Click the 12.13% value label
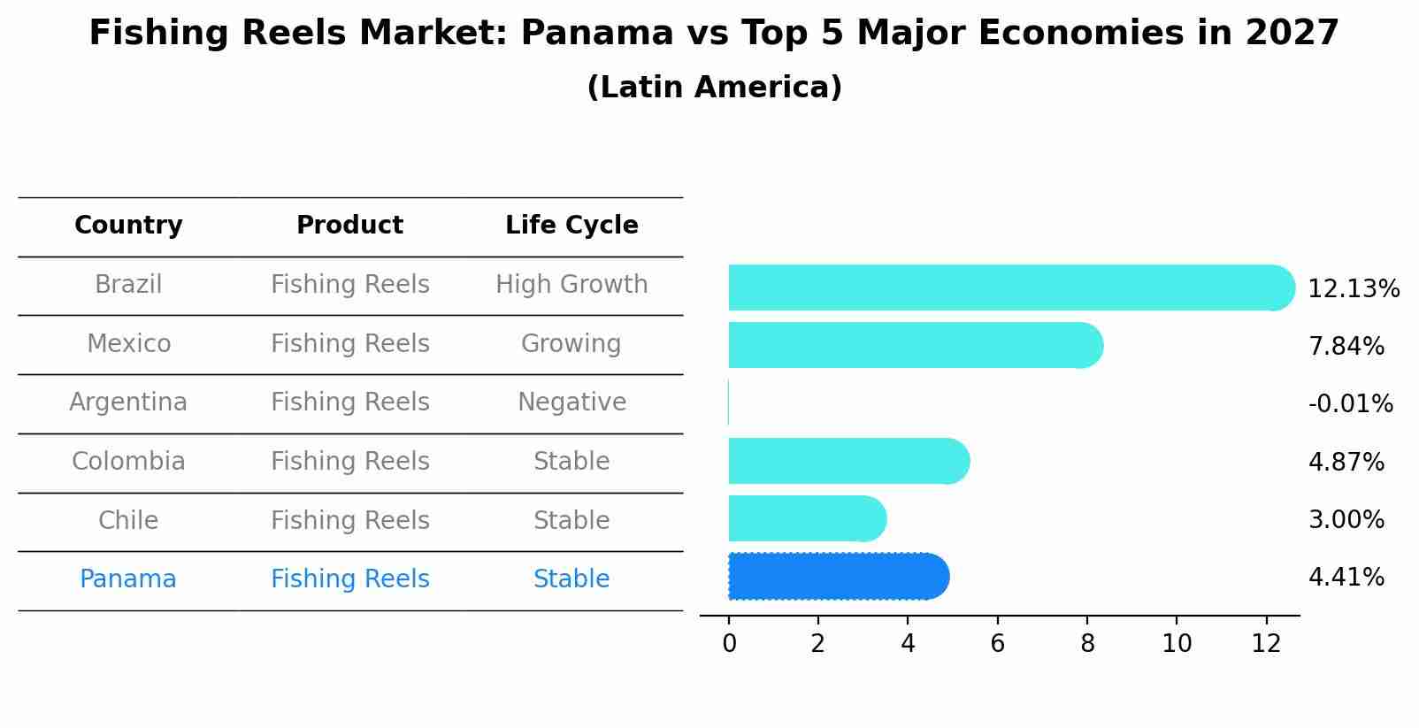coord(1353,289)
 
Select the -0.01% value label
coord(1350,404)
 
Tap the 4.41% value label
coord(1346,578)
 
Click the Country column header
coord(128,226)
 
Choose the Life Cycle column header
coord(571,226)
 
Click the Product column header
coord(349,226)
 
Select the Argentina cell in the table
coord(128,402)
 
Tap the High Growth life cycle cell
coord(571,285)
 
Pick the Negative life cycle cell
coord(571,402)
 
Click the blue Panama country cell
coord(128,579)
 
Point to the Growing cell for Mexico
coord(571,343)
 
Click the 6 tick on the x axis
coord(997,644)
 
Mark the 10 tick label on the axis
coord(1177,644)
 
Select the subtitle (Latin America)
coord(714,88)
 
